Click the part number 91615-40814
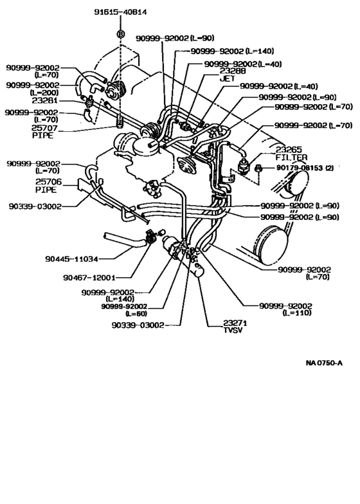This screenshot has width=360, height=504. pos(120,12)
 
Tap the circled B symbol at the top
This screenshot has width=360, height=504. pos(120,33)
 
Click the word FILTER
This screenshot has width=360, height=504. pos(292,157)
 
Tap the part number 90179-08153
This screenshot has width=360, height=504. pos(296,168)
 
